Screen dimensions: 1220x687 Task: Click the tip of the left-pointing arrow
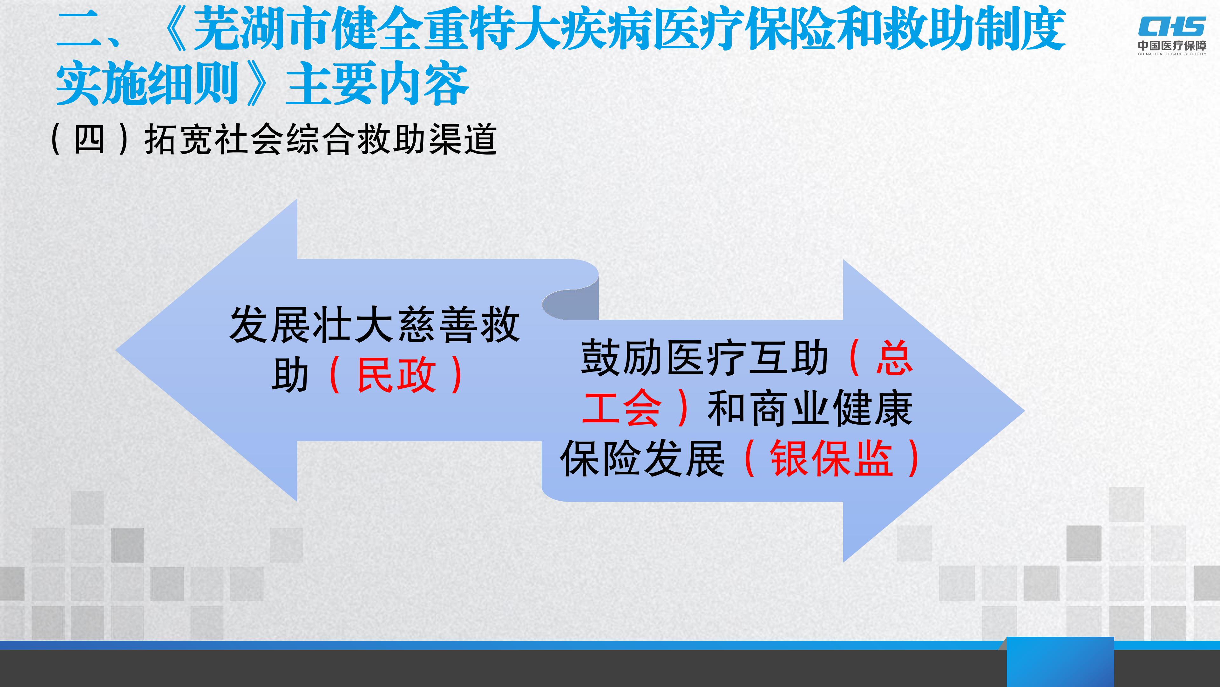pyautogui.click(x=117, y=351)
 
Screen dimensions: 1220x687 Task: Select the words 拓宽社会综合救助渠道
pyautogui.click(x=321, y=139)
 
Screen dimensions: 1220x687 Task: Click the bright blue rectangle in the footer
pyautogui.click(x=1060, y=662)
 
